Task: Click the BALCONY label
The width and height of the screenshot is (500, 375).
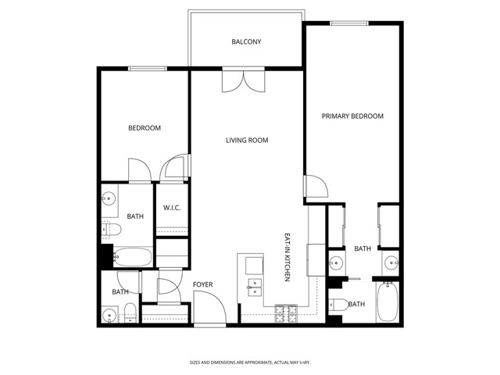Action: coord(246,42)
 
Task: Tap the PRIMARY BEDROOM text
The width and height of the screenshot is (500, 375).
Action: coord(352,116)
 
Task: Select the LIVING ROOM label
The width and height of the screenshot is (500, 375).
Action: coord(247,141)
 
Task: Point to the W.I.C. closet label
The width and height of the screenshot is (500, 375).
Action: coord(172,208)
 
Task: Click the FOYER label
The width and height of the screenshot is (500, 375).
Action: coord(202,284)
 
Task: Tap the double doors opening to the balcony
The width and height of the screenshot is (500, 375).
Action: coord(240,80)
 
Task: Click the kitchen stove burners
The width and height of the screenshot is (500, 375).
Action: coord(285,315)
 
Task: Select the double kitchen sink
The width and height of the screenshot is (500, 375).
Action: coord(254,287)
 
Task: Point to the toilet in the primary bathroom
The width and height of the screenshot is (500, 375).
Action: coord(338,305)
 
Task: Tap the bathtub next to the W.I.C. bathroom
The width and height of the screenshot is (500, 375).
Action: coord(132,256)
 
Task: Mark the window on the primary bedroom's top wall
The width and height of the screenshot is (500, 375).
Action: coord(348,23)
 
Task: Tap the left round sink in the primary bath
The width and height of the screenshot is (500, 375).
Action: coord(336,262)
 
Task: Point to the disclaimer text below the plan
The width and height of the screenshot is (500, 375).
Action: coord(249,362)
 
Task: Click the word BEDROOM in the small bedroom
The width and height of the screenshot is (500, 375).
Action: coord(145,128)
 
